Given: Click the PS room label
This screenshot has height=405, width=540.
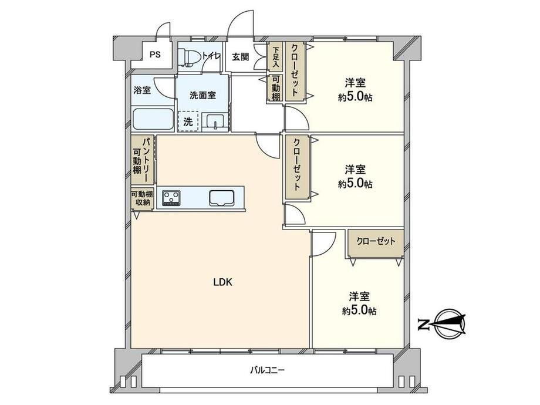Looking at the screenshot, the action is (x=155, y=55).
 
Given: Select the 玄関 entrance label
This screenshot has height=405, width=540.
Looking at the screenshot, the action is (x=240, y=57).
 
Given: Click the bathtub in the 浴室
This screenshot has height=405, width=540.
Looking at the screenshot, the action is (x=153, y=120).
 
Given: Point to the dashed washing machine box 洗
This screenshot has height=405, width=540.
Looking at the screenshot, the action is (x=188, y=122).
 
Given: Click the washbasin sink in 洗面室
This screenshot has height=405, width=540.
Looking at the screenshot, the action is (x=215, y=122).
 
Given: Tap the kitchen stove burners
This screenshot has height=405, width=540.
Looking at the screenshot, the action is (x=171, y=198).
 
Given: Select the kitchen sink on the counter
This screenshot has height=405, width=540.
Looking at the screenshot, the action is (x=222, y=198).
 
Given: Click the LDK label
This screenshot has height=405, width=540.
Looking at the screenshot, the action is (x=223, y=282).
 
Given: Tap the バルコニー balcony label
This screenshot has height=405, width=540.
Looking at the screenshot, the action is (x=267, y=370).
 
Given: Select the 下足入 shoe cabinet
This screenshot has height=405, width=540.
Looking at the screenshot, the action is (x=275, y=56).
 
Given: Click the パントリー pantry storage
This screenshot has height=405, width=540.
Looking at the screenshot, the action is (x=142, y=160).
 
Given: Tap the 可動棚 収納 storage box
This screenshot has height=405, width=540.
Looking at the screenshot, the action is (x=142, y=198).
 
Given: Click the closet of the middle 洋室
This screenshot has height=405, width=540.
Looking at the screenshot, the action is (x=297, y=167).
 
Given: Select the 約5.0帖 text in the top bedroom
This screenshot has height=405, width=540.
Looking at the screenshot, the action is (x=355, y=97).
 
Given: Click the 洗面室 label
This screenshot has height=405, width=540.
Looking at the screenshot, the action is (x=203, y=96).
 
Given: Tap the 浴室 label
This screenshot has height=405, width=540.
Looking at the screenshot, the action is (x=142, y=90).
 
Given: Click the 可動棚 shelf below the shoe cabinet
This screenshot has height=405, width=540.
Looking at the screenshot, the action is (x=275, y=88).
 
